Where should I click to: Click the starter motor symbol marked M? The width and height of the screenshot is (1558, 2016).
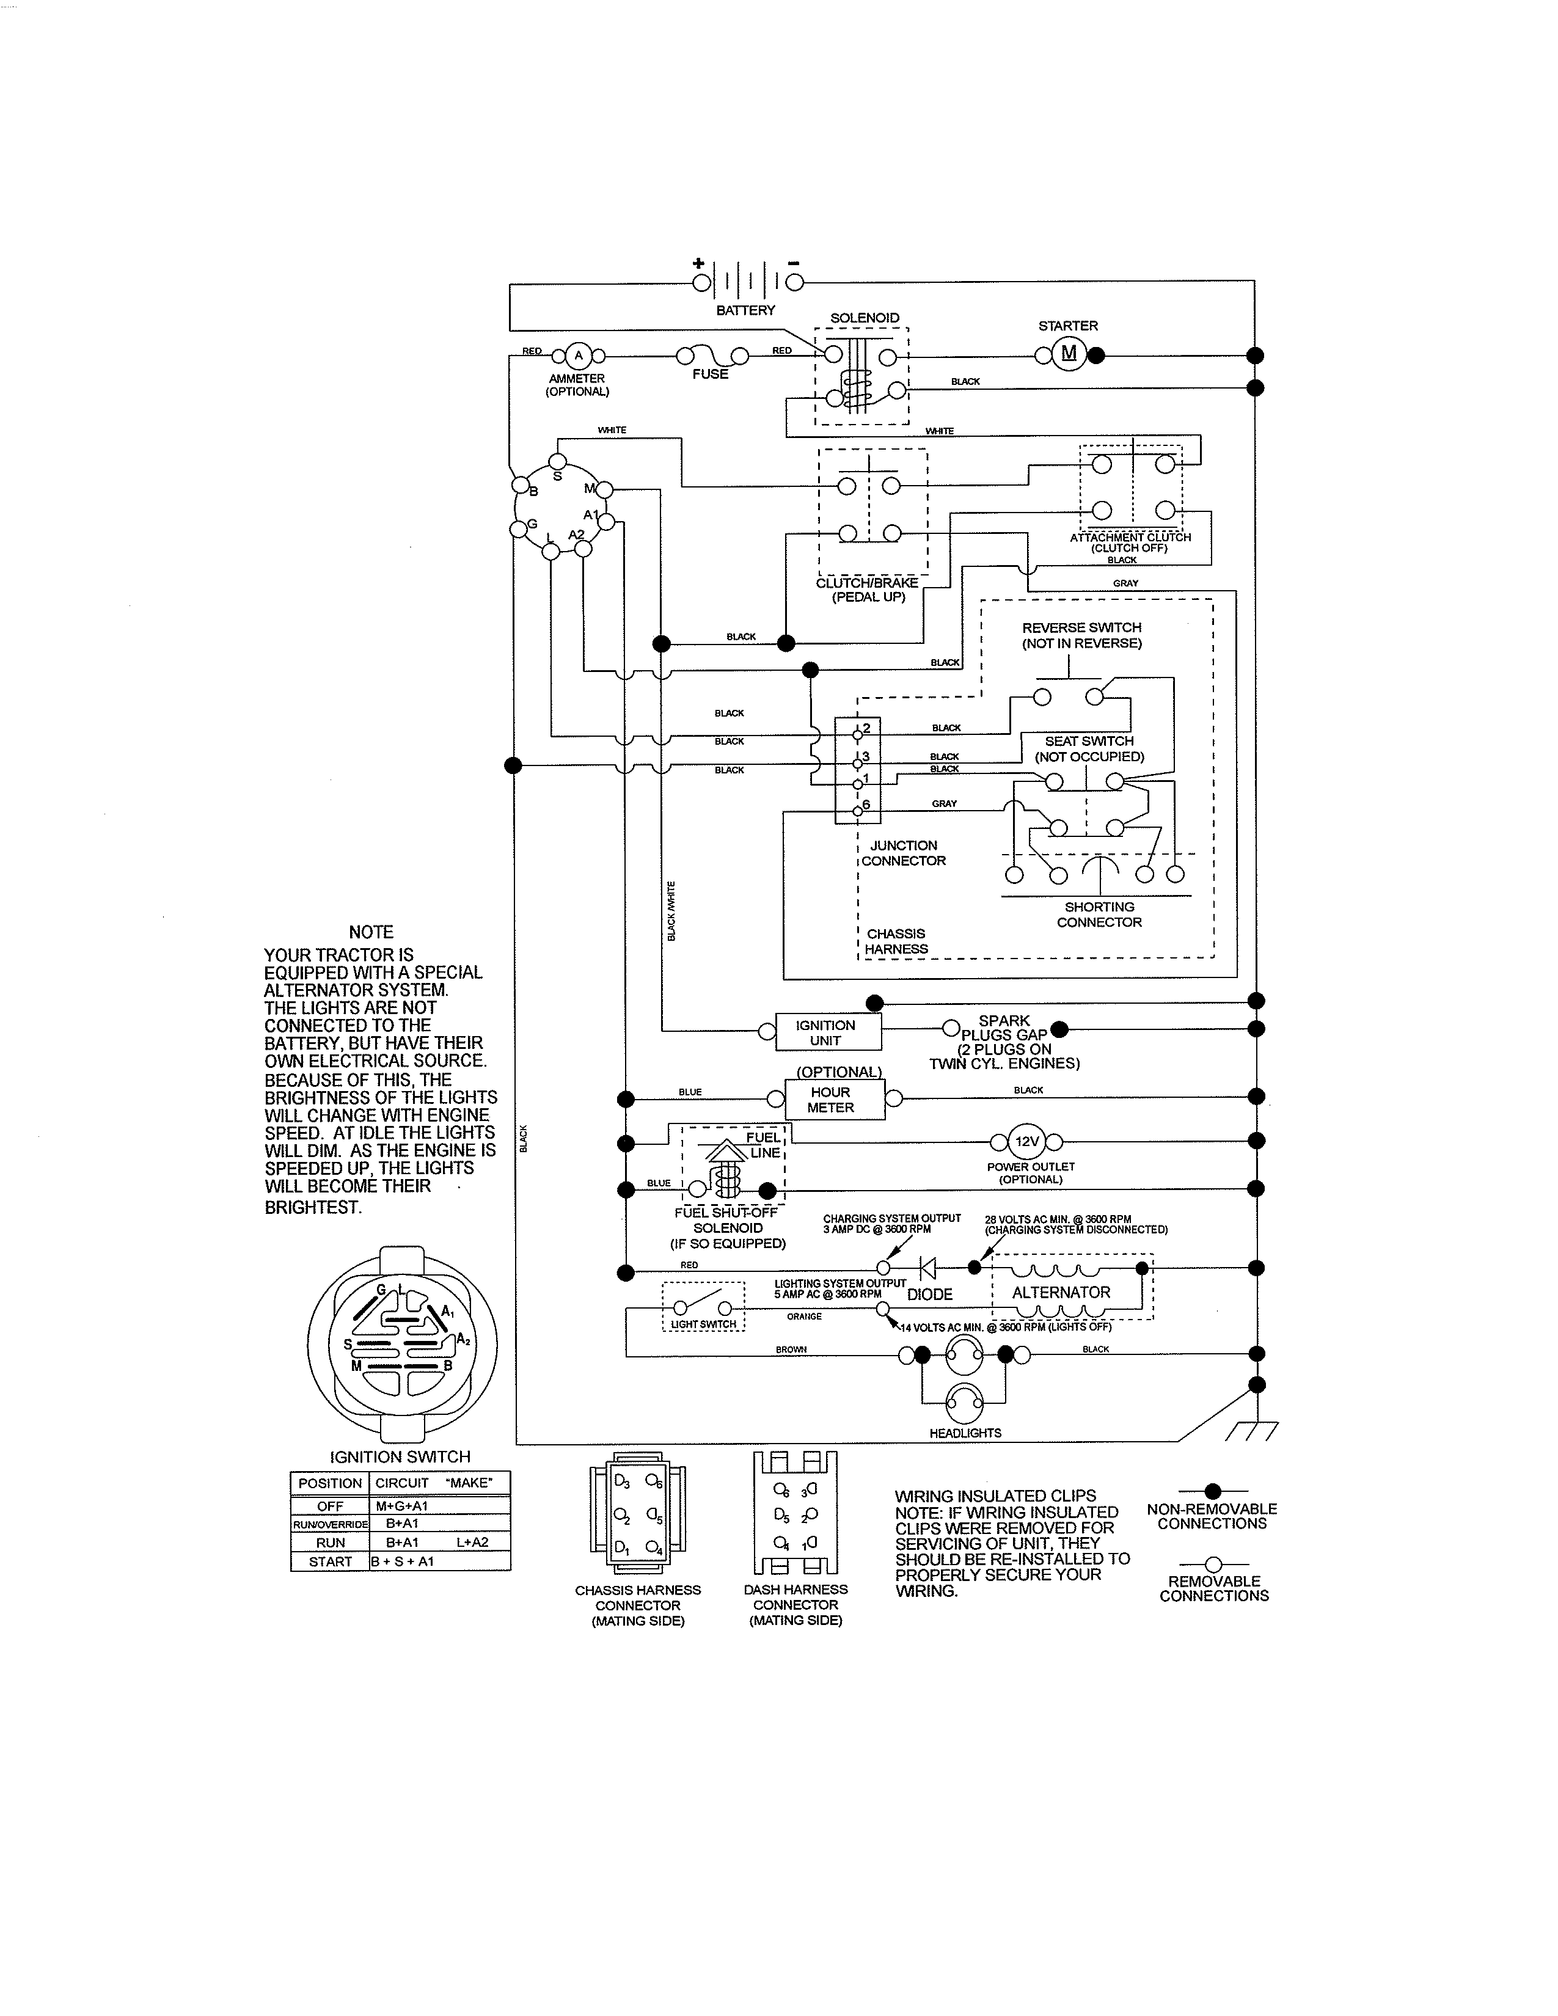point(1069,354)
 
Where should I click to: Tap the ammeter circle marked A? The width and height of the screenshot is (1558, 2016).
point(578,356)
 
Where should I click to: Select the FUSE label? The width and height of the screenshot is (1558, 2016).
point(710,374)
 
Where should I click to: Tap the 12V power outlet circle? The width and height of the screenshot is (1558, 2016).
point(1027,1141)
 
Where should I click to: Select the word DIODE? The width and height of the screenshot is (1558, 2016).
point(929,1294)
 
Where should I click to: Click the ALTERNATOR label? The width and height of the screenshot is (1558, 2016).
point(1061,1292)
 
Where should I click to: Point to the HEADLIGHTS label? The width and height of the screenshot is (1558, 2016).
point(965,1433)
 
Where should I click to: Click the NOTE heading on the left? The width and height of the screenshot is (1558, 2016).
point(371,932)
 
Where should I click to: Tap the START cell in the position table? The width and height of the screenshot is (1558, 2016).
point(331,1562)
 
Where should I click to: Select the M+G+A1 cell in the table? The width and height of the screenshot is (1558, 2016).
point(403,1505)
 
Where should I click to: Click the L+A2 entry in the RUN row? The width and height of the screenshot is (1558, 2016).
point(472,1543)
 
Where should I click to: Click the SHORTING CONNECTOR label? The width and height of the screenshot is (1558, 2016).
point(1099,915)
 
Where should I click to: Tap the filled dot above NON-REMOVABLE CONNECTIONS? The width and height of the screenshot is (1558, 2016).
point(1213,1491)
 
